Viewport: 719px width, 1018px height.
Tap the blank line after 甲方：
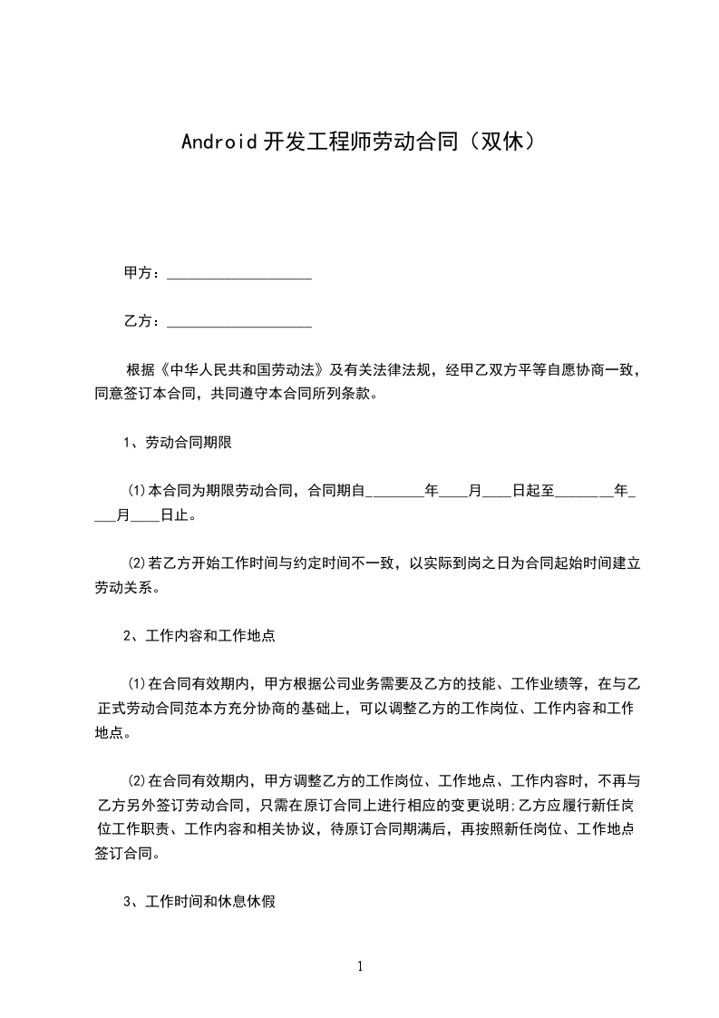(239, 273)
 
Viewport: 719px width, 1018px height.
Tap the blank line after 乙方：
(239, 321)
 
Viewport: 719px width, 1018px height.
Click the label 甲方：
(143, 273)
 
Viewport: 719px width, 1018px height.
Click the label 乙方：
(143, 321)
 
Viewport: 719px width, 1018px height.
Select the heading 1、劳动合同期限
(180, 443)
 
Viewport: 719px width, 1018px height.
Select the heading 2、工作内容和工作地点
(199, 636)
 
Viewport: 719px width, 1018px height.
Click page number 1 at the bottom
(360, 966)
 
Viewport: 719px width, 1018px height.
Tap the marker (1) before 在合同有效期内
(137, 684)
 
